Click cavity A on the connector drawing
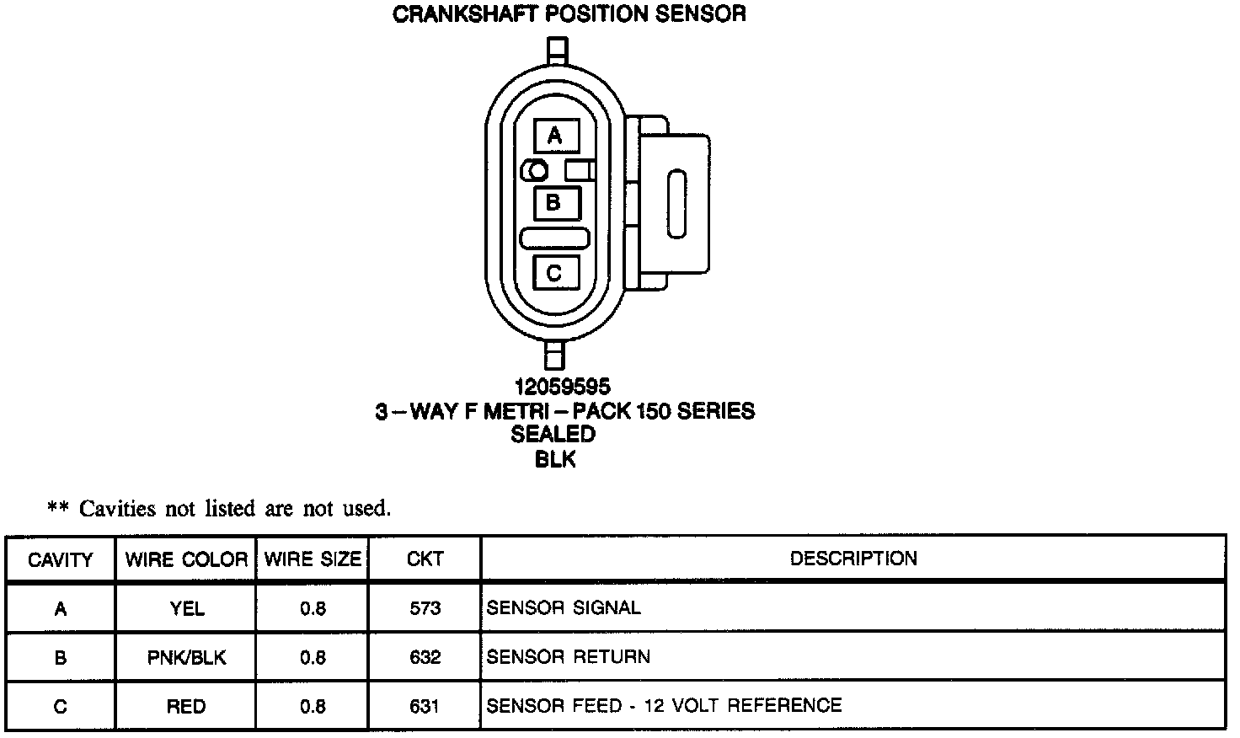[555, 136]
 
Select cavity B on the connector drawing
[555, 203]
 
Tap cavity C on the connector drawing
[555, 273]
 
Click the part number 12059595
[563, 387]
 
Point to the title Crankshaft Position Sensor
[569, 14]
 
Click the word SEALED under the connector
[553, 435]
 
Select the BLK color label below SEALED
[555, 459]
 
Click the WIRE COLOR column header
[186, 559]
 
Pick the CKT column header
[425, 559]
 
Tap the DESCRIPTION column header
[852, 559]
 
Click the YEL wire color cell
[186, 608]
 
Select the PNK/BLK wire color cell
[186, 657]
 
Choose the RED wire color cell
[186, 706]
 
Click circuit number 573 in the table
[425, 608]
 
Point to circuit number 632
[425, 657]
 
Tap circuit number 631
[425, 706]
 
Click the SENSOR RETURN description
[569, 657]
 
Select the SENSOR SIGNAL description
[564, 607]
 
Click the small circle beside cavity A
[537, 171]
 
